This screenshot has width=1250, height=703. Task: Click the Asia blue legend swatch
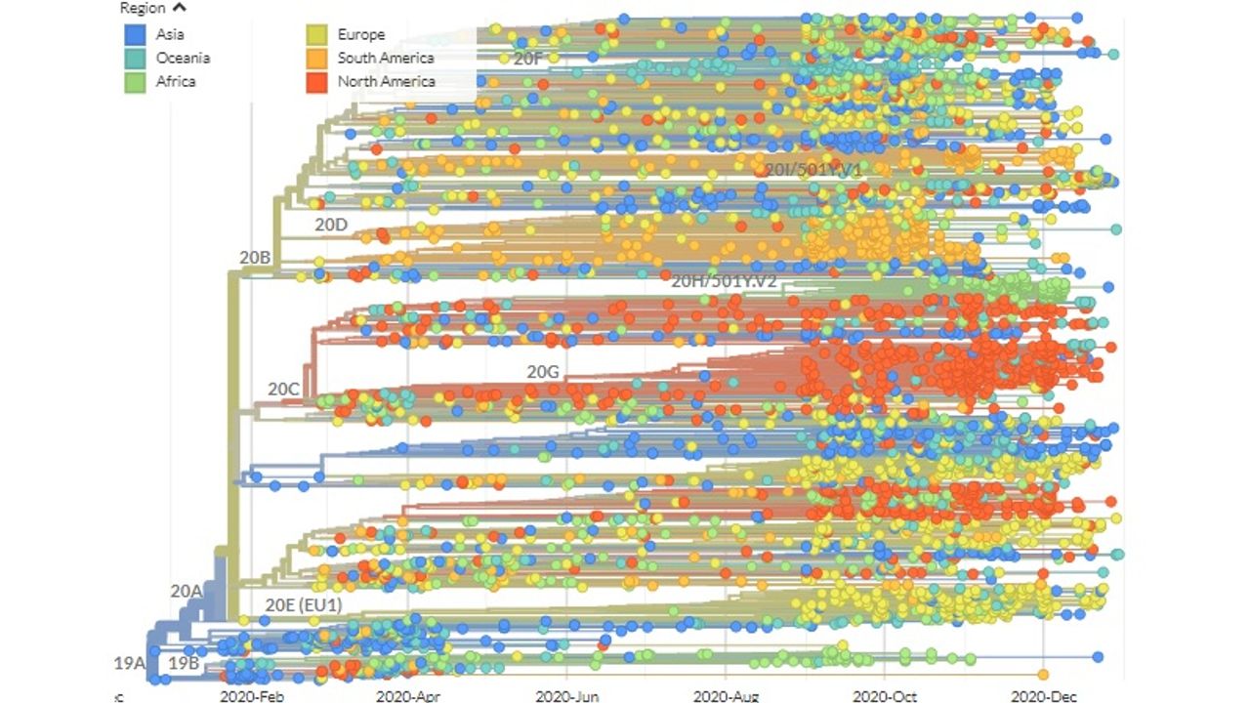[x=135, y=36]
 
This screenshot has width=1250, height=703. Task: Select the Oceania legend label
[x=183, y=58]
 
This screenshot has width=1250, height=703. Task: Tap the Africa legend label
[x=176, y=81]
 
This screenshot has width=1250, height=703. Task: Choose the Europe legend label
[x=361, y=34]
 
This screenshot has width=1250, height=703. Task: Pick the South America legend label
[x=385, y=58]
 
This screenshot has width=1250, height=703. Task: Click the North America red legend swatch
[x=317, y=82]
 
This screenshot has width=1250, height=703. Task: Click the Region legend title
[x=142, y=9]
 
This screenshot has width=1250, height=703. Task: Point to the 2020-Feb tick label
[x=251, y=696]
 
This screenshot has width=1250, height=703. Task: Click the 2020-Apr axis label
[x=409, y=696]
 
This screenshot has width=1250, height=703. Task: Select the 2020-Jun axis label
[x=567, y=696]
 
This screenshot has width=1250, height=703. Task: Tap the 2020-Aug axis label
[x=726, y=696]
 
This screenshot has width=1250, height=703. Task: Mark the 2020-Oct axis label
[x=884, y=696]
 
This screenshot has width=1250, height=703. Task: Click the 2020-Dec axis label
[x=1044, y=696]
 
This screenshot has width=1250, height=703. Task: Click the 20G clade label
[x=544, y=372]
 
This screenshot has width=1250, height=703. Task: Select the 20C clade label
[x=283, y=389]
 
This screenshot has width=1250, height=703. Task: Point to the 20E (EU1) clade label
[x=303, y=605]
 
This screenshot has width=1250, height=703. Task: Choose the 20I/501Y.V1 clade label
[x=813, y=170]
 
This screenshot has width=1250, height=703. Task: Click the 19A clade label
[x=129, y=663]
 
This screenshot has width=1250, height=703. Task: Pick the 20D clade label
[x=330, y=224]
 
